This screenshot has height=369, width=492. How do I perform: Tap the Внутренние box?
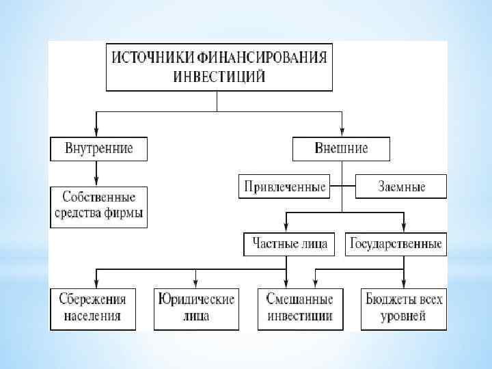(x=98, y=148)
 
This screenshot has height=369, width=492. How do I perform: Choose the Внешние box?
(x=341, y=148)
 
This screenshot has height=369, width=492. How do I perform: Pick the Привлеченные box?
(x=284, y=186)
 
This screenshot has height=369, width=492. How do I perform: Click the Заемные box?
(x=401, y=186)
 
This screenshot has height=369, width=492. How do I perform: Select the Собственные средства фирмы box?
(x=98, y=207)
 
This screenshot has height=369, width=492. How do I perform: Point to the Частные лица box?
(x=289, y=243)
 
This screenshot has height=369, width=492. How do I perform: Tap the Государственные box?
(x=396, y=243)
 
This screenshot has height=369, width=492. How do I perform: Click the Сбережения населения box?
(x=92, y=307)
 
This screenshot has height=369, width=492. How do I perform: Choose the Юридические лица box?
(x=196, y=307)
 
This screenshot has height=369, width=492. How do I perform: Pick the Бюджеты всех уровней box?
(x=403, y=307)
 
